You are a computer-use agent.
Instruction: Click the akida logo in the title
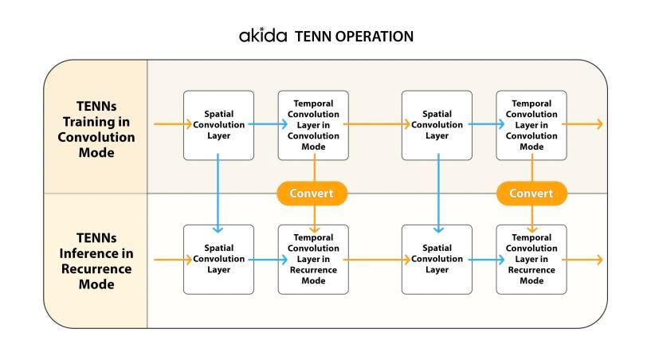point(264,36)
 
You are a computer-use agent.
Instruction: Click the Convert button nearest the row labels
point(312,194)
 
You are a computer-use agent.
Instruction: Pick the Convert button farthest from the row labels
point(531,194)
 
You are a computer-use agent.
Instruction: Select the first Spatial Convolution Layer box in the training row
point(218,125)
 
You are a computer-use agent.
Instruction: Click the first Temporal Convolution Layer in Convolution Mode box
point(313,125)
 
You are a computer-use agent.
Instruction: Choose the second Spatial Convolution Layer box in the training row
point(437,125)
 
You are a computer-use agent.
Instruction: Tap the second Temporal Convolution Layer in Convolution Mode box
point(531,125)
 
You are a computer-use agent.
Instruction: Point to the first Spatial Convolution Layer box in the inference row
point(218,259)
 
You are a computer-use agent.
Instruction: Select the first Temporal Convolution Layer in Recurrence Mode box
point(313,259)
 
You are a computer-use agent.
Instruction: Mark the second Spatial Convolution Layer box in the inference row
point(437,259)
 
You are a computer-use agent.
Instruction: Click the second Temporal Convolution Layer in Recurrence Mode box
point(531,259)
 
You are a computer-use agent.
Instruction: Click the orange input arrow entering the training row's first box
point(169,124)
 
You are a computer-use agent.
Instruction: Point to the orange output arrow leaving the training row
point(585,124)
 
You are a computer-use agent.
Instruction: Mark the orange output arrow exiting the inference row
point(585,259)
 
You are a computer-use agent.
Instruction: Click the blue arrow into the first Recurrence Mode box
point(265,259)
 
